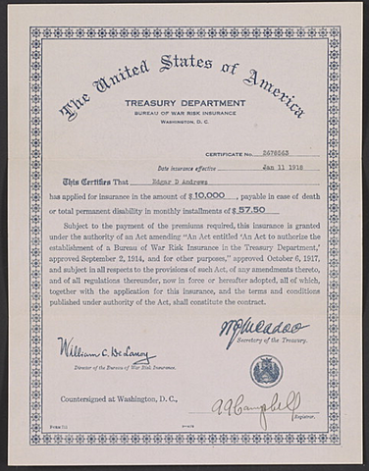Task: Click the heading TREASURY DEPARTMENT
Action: [x=184, y=102]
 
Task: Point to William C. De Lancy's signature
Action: [x=105, y=350]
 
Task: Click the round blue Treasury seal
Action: [x=266, y=371]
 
